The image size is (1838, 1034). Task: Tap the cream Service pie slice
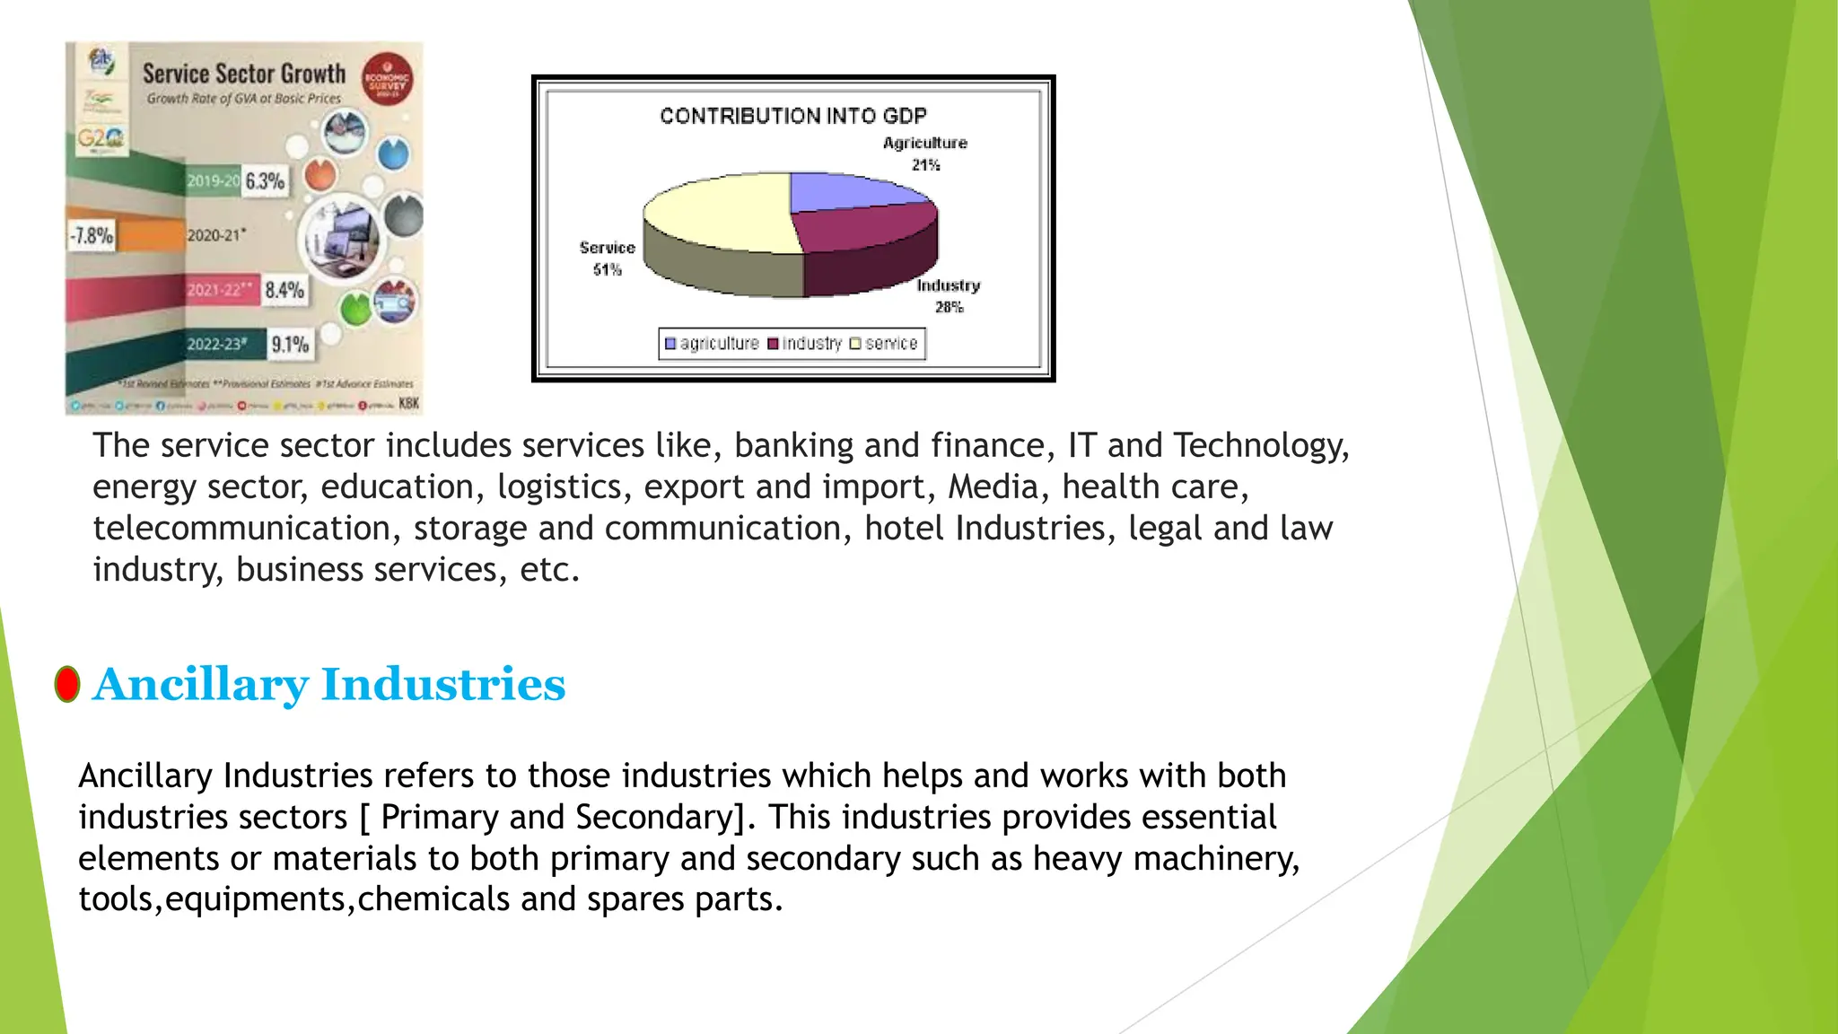[718, 211]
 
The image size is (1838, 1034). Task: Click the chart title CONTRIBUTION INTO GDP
[792, 116]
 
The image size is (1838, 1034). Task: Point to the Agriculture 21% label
[925, 153]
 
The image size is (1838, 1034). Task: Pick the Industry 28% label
[949, 295]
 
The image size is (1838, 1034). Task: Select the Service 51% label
[607, 258]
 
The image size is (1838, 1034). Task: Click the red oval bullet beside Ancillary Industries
[67, 685]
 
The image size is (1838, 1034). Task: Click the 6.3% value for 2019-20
[265, 181]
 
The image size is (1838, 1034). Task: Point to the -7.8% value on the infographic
[92, 236]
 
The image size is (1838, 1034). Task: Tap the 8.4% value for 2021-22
[284, 290]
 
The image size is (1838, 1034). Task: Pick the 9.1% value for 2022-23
[290, 345]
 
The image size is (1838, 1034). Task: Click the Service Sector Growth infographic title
[244, 74]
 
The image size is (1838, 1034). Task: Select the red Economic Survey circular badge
[387, 79]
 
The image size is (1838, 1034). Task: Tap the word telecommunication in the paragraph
[241, 529]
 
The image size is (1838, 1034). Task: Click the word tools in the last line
[116, 899]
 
